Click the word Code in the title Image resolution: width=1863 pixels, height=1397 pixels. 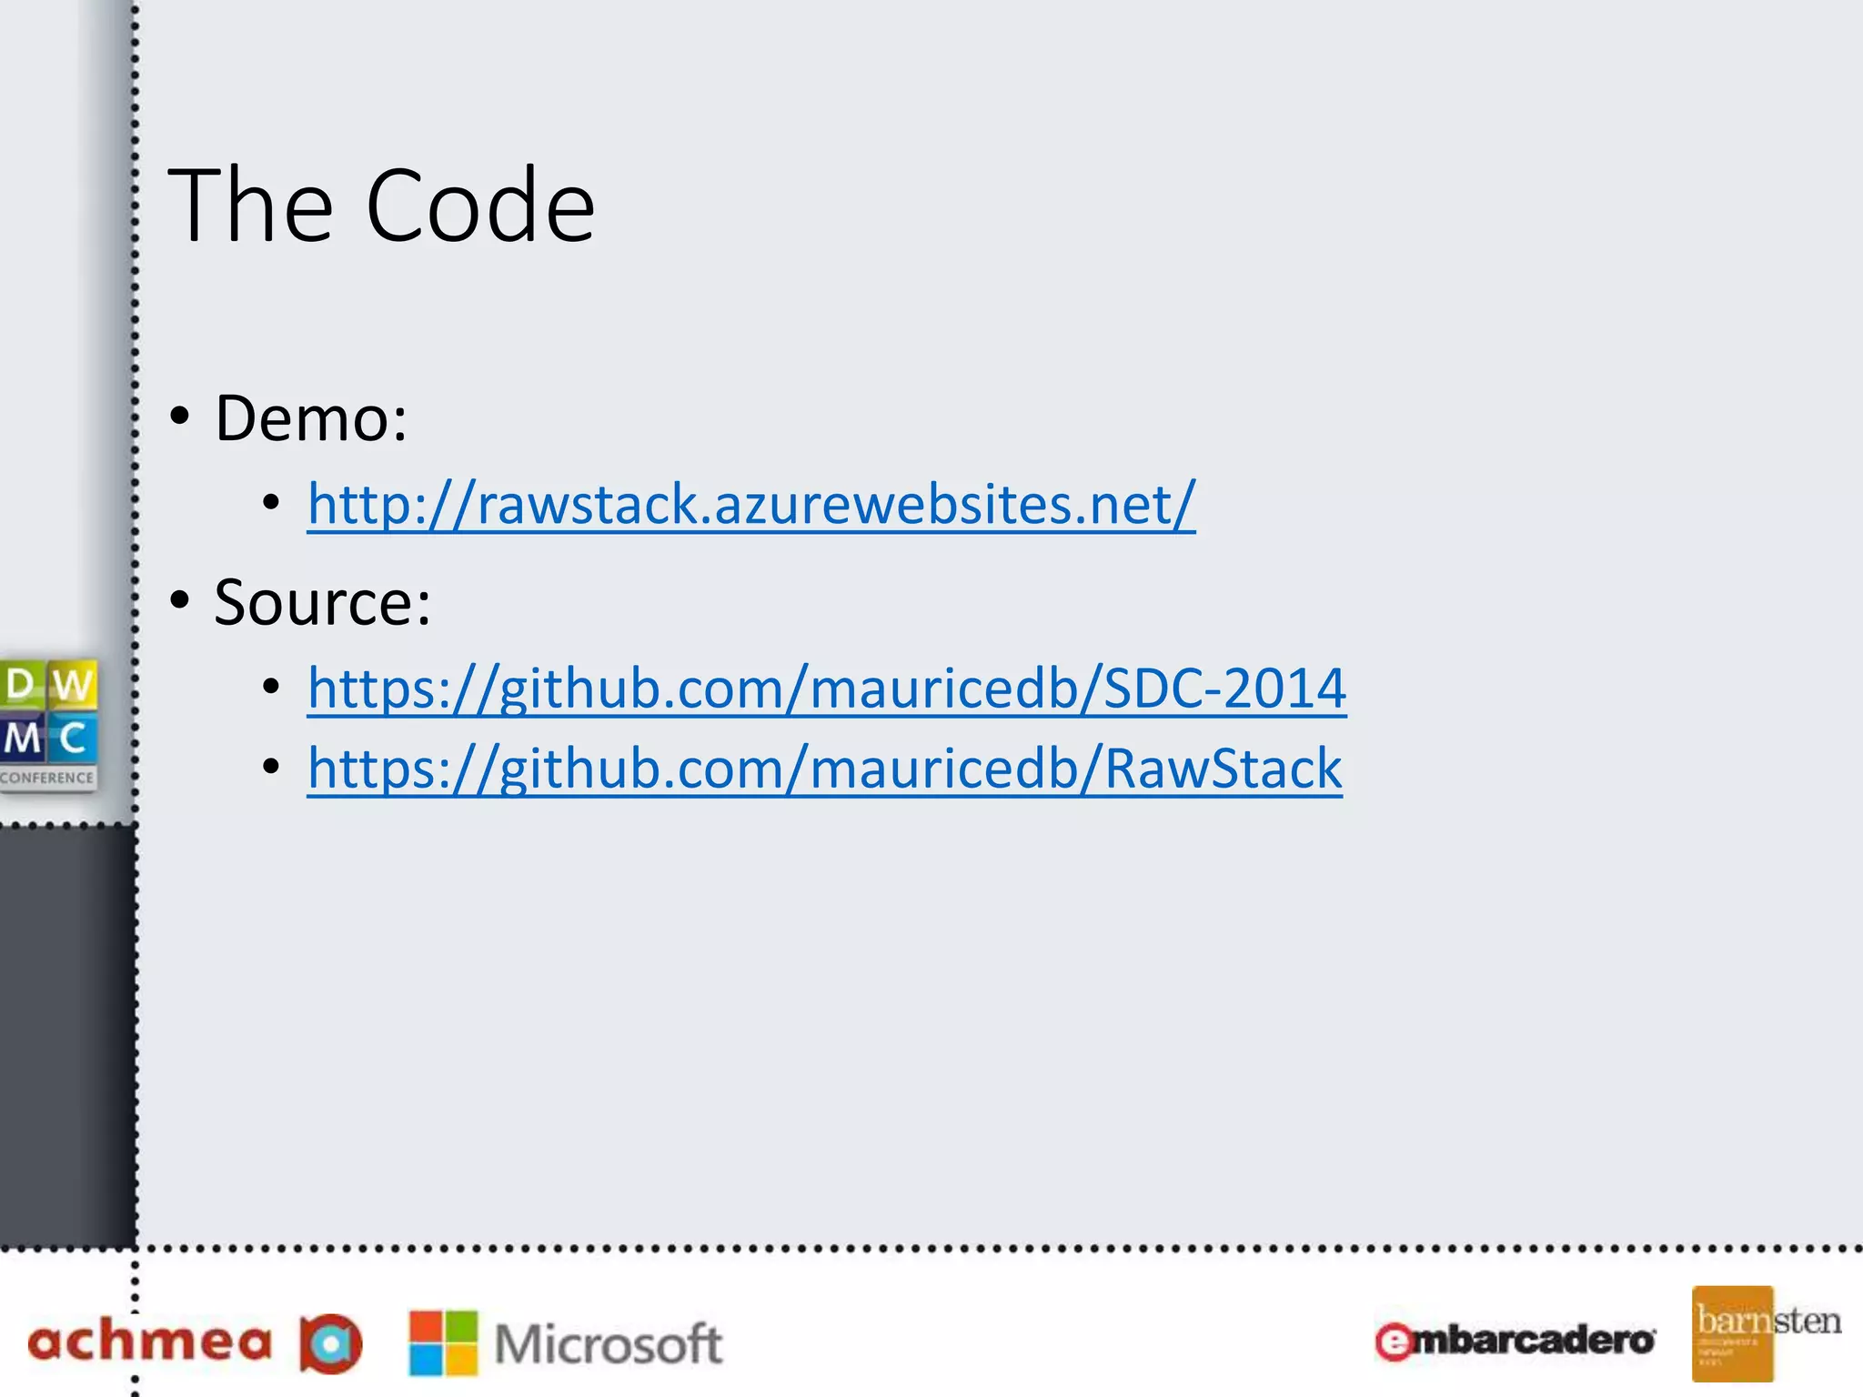479,206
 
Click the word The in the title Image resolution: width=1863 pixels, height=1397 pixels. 251,206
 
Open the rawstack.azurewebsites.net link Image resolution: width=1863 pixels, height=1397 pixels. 751,505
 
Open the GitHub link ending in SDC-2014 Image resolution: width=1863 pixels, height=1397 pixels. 827,688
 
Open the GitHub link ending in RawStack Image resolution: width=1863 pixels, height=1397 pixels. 824,769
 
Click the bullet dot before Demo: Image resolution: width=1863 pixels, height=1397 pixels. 180,416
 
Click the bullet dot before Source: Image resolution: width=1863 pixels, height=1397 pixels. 180,599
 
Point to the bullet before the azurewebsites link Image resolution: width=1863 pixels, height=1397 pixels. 271,502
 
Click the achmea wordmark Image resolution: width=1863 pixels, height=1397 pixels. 150,1342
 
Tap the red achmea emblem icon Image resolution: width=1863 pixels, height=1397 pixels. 331,1343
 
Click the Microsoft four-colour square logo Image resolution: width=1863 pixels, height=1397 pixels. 443,1342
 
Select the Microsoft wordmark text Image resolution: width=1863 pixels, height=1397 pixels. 608,1344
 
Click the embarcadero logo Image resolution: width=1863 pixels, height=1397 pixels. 1515,1341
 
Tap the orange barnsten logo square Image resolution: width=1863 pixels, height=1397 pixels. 1732,1333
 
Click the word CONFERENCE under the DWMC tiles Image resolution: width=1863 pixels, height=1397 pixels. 47,779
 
